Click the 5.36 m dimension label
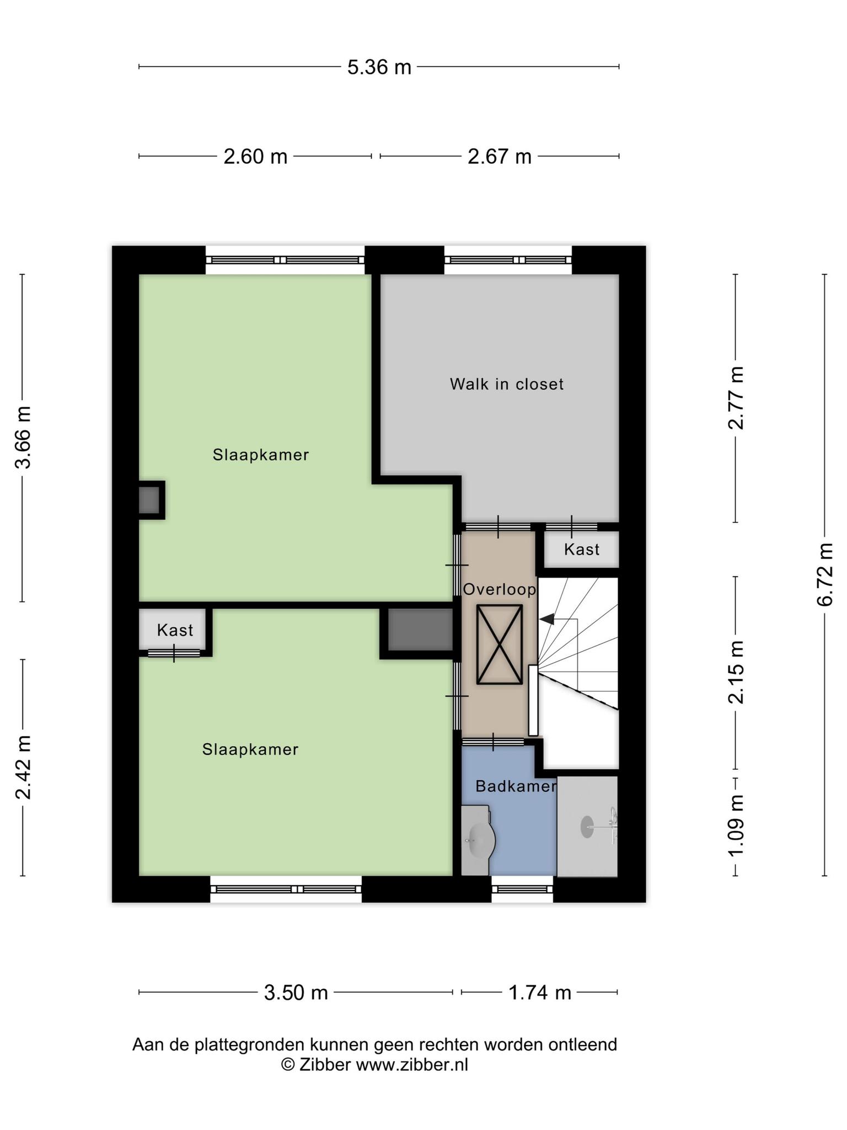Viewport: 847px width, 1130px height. pyautogui.click(x=379, y=67)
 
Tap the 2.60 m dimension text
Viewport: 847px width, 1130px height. pyautogui.click(x=255, y=157)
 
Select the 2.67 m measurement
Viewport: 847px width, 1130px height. pyautogui.click(x=500, y=157)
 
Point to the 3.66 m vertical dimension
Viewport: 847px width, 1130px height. pyautogui.click(x=23, y=437)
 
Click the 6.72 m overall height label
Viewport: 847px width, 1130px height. pyautogui.click(x=825, y=574)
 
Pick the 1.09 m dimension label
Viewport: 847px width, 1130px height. pyautogui.click(x=736, y=825)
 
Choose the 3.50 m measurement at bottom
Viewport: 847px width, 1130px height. pyautogui.click(x=296, y=993)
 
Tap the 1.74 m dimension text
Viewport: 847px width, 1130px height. pyautogui.click(x=539, y=993)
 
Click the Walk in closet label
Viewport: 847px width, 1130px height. pyautogui.click(x=507, y=384)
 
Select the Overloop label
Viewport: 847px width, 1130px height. pyautogui.click(x=500, y=589)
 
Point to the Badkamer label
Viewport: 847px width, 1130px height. pyautogui.click(x=516, y=786)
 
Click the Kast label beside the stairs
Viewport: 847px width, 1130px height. pyautogui.click(x=582, y=550)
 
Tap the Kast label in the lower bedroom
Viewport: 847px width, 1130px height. pyautogui.click(x=175, y=630)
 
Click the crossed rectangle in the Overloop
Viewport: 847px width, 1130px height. pyautogui.click(x=500, y=644)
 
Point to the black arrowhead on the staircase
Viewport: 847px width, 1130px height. pyautogui.click(x=547, y=620)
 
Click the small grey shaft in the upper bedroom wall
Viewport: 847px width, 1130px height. pyautogui.click(x=149, y=500)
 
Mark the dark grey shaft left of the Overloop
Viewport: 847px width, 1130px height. pyautogui.click(x=421, y=630)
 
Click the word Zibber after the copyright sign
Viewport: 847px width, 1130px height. pyautogui.click(x=325, y=1065)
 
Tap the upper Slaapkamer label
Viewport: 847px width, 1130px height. pyautogui.click(x=261, y=455)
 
